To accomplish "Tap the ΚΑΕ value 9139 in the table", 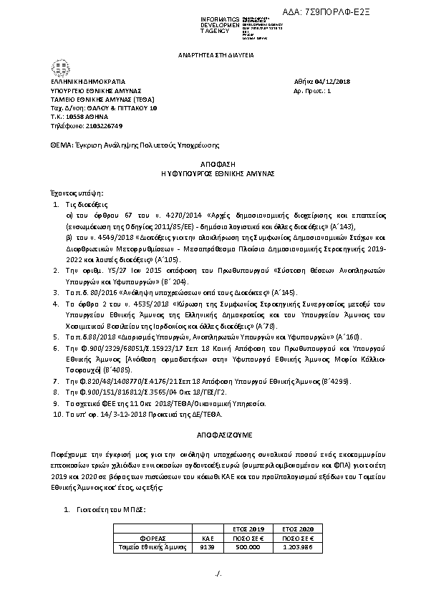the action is tap(208, 547).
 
